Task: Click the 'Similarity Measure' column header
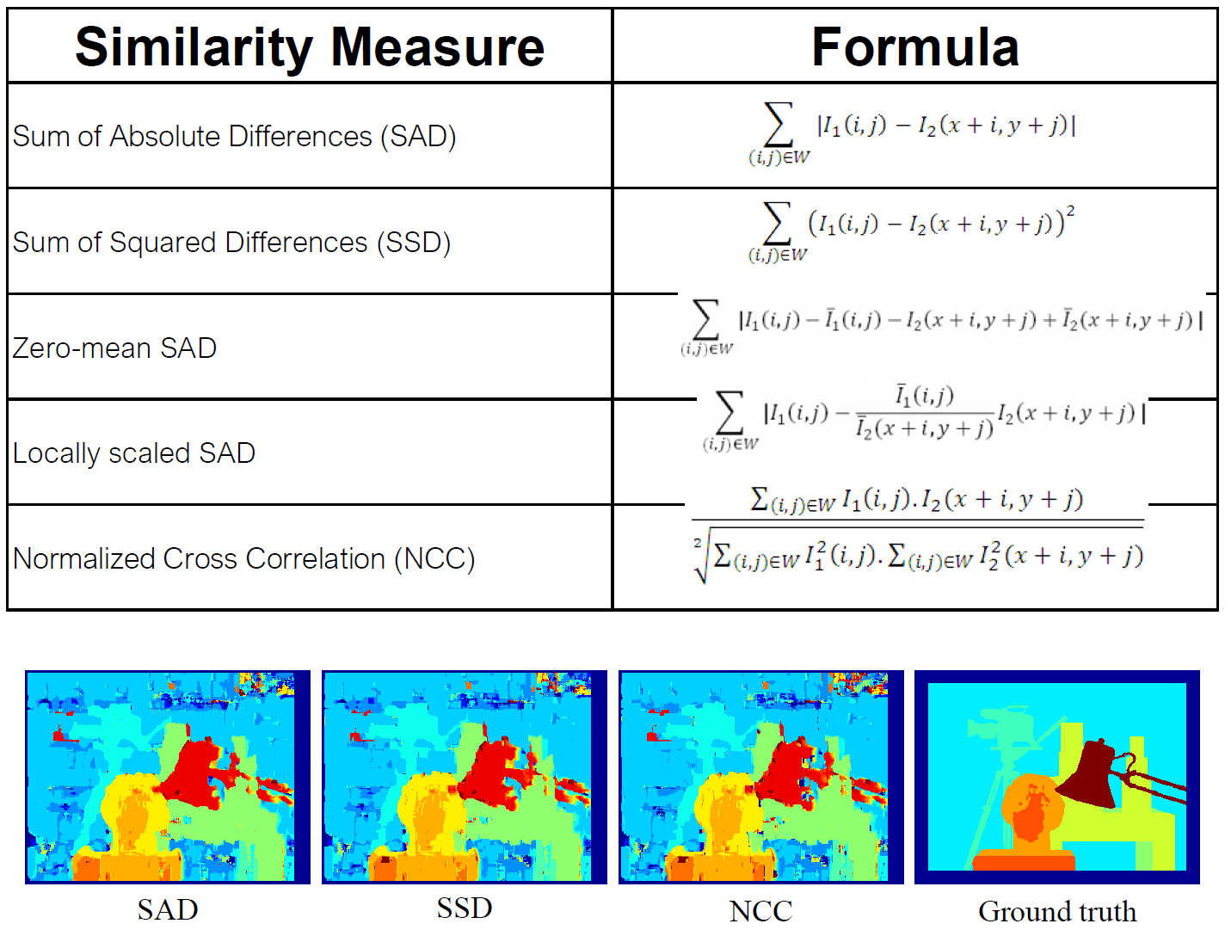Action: click(x=310, y=46)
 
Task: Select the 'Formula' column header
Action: click(x=915, y=46)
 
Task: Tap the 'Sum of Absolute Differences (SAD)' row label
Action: click(x=234, y=136)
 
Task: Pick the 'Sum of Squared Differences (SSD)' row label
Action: click(x=231, y=243)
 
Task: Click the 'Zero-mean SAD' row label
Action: click(x=114, y=348)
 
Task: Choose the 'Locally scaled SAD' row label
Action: click(x=134, y=453)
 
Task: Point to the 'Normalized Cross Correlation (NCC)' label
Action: click(x=244, y=558)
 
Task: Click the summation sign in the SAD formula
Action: click(x=778, y=125)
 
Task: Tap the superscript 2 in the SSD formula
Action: click(x=1070, y=210)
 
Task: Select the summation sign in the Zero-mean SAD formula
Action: click(x=705, y=319)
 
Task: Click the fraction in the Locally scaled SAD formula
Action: click(x=925, y=412)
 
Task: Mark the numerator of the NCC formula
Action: click(x=917, y=500)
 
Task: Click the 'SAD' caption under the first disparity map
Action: click(x=168, y=909)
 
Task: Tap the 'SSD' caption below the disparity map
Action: click(x=465, y=908)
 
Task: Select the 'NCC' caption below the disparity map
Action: click(x=760, y=911)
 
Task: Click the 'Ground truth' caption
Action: click(x=1057, y=911)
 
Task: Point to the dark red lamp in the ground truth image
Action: click(x=1093, y=774)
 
